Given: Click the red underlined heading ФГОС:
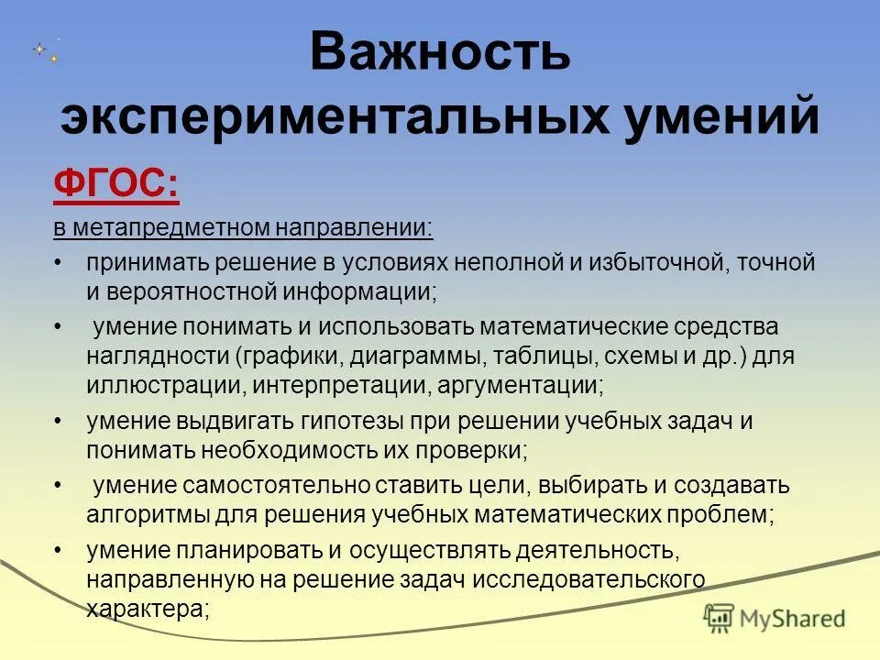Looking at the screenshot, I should [x=115, y=186].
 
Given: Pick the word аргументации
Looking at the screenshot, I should [x=518, y=385].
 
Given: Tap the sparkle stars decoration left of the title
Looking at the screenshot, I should [x=47, y=51].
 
